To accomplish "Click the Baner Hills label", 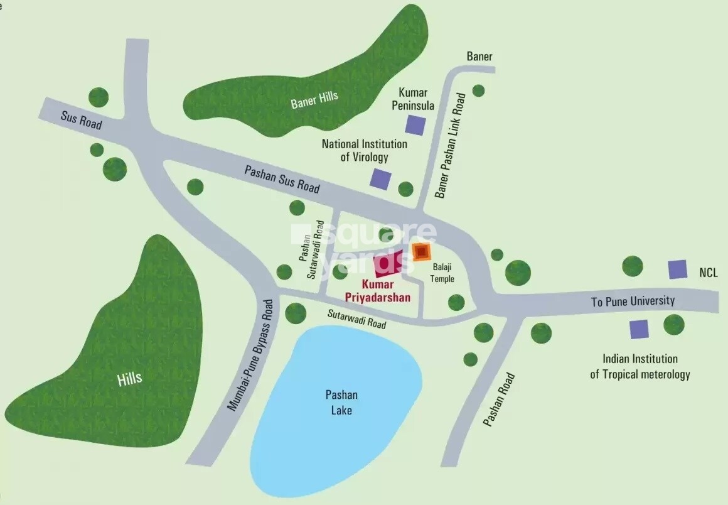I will click(314, 100).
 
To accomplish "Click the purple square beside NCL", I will click(677, 269).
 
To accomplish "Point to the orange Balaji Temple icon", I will click(422, 252).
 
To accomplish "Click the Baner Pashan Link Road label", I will click(451, 146).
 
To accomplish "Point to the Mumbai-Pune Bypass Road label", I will click(250, 355).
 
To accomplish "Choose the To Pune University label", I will click(633, 301).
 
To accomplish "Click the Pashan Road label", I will click(500, 400).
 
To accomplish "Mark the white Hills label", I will click(129, 378).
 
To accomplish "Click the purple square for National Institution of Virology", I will click(380, 179).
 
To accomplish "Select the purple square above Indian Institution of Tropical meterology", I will click(639, 329).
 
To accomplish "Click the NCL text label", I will click(708, 273).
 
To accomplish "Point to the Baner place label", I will click(479, 57).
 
